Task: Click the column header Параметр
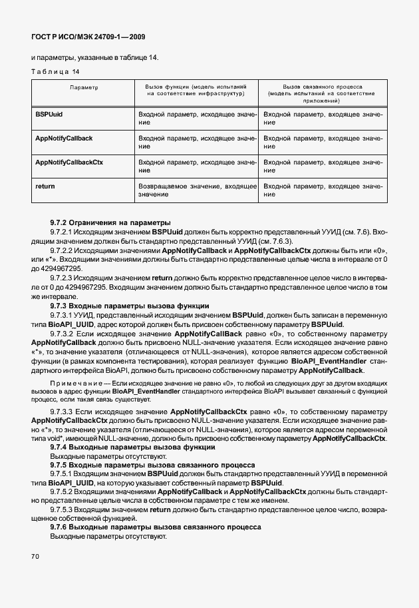point(84,87)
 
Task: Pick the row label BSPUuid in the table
point(49,115)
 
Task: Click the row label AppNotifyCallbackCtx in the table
point(69,162)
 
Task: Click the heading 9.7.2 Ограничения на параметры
point(110,222)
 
